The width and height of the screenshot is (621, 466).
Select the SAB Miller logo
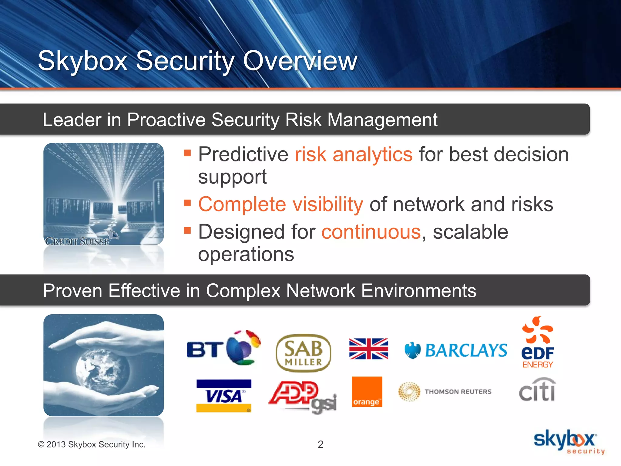point(303,353)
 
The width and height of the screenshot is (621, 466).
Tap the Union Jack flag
point(368,349)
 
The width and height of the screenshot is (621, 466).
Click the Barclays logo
point(456,350)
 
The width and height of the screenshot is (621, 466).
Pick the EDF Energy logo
point(538,343)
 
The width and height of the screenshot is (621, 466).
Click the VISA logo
point(224,396)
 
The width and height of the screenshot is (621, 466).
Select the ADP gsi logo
point(303,396)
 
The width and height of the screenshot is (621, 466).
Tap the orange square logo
point(367,392)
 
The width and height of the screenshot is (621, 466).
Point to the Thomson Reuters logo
point(445,392)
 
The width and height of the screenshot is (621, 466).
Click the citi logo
point(537,390)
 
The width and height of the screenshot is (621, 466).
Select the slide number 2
point(321,444)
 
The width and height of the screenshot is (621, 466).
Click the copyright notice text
point(92,444)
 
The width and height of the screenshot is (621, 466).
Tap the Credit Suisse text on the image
point(78,241)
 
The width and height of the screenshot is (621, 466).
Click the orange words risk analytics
point(354,154)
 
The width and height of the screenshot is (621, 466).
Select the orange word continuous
point(371,232)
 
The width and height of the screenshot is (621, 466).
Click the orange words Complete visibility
point(280,204)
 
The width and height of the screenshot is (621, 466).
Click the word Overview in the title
point(300,61)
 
